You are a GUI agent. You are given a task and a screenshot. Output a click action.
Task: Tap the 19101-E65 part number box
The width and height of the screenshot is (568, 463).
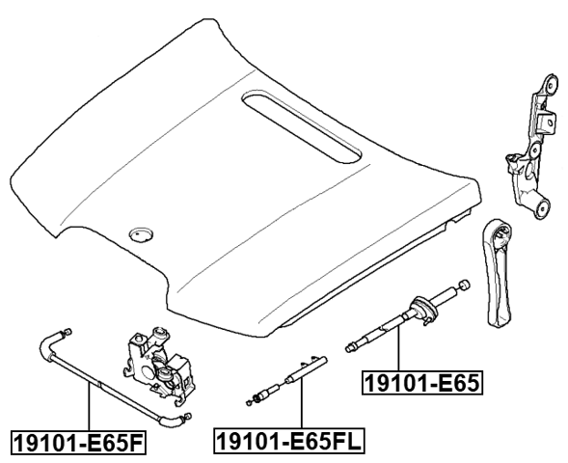(421, 384)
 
